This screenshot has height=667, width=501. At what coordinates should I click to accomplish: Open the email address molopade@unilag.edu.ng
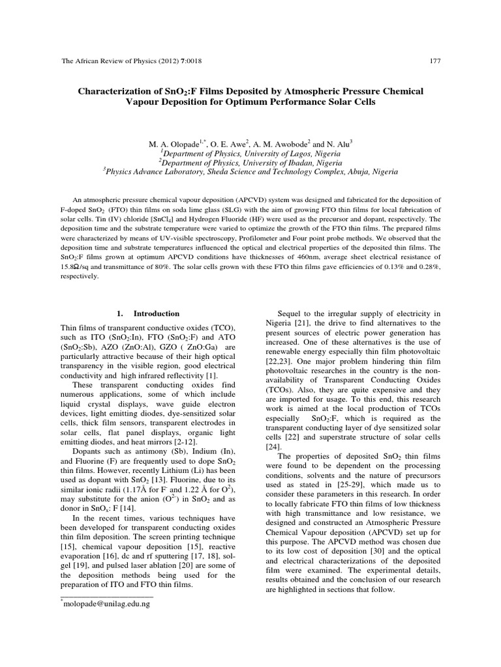(106, 604)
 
